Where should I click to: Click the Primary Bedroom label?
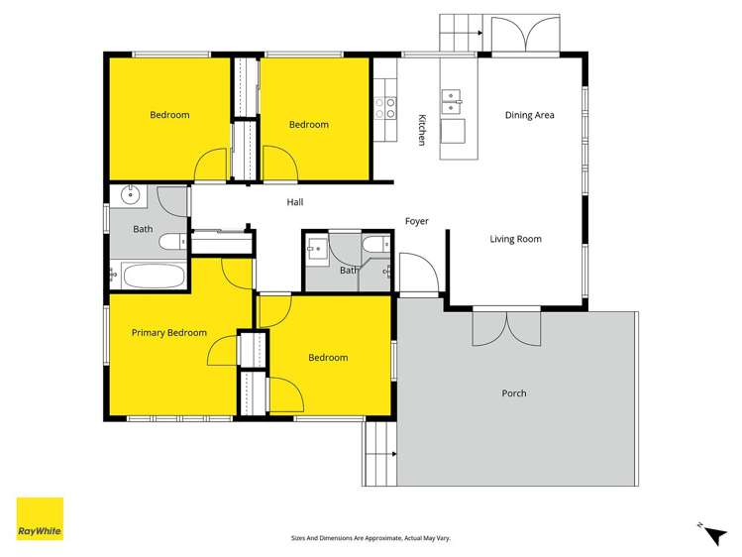click(x=169, y=333)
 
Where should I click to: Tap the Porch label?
click(x=514, y=393)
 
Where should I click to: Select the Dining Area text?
click(x=530, y=115)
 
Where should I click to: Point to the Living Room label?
click(x=516, y=239)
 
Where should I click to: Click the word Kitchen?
click(x=421, y=130)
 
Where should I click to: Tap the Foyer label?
click(x=417, y=221)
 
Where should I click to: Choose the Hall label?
click(x=295, y=202)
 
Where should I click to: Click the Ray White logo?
click(x=40, y=518)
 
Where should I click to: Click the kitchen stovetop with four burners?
click(x=384, y=107)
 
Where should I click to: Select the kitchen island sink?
click(x=453, y=99)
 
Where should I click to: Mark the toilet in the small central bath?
click(x=375, y=246)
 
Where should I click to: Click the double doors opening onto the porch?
click(x=506, y=326)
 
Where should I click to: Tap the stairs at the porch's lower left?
click(x=379, y=454)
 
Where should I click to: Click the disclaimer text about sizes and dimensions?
click(x=371, y=538)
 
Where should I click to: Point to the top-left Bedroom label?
click(x=169, y=115)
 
